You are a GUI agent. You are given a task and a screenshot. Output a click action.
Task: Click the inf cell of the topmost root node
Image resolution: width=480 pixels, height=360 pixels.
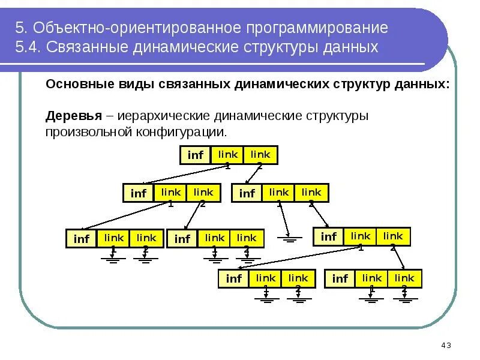196,155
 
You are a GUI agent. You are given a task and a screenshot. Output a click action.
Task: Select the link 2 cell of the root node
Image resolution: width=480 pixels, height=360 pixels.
260,154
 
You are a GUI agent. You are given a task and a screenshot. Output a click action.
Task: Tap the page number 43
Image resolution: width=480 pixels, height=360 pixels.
445,345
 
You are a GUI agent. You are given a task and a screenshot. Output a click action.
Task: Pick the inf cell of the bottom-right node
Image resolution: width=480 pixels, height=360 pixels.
340,278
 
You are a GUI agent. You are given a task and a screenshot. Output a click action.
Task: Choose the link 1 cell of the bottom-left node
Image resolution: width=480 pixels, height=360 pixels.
266,278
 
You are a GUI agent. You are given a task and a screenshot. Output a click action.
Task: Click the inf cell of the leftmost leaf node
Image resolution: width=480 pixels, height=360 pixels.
81,239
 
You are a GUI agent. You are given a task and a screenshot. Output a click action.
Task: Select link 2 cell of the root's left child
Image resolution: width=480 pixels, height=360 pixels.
203,193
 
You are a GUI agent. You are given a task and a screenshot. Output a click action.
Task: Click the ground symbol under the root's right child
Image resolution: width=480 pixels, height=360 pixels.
290,238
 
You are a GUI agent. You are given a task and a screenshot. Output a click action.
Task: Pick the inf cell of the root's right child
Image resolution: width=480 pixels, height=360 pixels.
247,193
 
